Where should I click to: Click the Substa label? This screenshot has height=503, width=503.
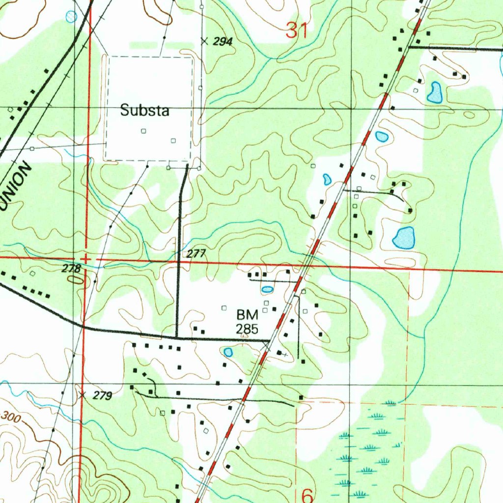tap(145, 111)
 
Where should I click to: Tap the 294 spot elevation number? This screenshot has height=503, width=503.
tap(223, 42)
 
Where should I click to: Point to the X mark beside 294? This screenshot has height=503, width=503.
tap(204, 41)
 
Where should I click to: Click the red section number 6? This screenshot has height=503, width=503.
tap(307, 495)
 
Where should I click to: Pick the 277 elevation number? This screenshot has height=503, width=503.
tap(196, 254)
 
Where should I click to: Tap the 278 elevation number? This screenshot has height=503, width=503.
tap(71, 269)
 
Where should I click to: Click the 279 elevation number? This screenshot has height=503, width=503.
tap(102, 395)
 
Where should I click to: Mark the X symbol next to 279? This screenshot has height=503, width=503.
tap(82, 394)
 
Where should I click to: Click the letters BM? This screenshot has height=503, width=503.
tap(247, 315)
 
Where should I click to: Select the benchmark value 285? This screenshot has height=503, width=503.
tap(247, 329)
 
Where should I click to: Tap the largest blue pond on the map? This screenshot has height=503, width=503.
tap(404, 238)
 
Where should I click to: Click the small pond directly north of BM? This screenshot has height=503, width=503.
tap(267, 289)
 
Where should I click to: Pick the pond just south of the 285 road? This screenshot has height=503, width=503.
tap(228, 352)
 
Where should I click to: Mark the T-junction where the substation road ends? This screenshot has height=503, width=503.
tap(177, 337)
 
